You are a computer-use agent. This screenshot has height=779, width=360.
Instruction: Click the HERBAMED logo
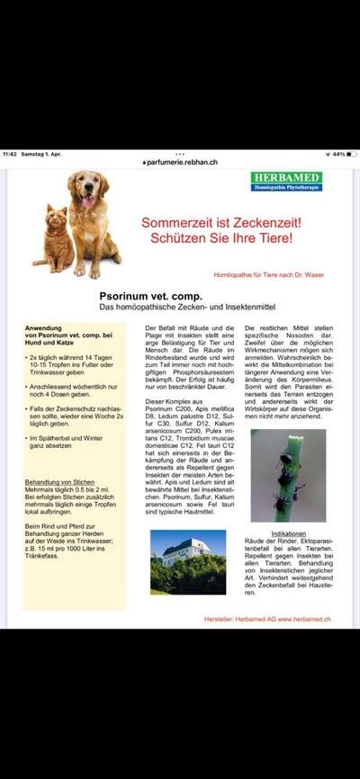(286, 181)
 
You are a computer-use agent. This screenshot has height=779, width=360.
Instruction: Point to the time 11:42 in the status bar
(11, 154)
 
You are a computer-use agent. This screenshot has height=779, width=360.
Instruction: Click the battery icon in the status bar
(350, 154)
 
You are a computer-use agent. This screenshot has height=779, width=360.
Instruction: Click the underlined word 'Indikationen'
(288, 533)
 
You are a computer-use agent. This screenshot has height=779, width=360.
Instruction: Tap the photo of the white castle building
(188, 561)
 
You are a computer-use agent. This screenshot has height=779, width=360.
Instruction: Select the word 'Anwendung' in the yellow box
(44, 328)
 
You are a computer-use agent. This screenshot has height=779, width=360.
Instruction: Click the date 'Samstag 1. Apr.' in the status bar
(42, 154)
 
